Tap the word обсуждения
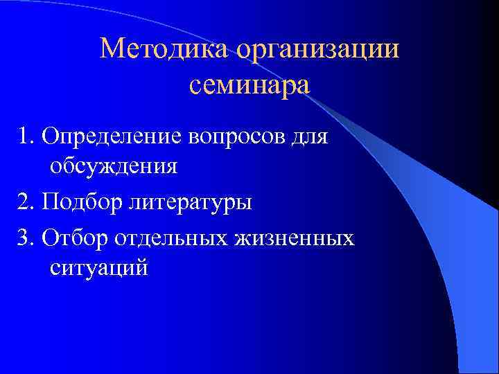[114, 167]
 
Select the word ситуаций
[99, 268]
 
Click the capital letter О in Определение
[49, 136]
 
